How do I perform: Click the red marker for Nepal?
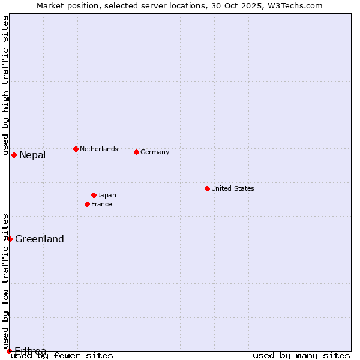click(14, 155)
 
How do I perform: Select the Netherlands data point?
click(76, 149)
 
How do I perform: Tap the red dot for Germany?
click(137, 152)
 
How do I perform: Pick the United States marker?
click(207, 188)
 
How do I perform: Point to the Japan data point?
click(94, 195)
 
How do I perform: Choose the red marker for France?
click(88, 204)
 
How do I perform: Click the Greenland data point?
click(10, 239)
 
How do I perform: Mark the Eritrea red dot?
click(9, 351)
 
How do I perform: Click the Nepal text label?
click(32, 155)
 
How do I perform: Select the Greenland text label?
click(40, 239)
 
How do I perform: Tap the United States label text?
click(233, 188)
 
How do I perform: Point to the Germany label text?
click(155, 152)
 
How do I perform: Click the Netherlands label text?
click(99, 149)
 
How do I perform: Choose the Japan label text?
click(107, 195)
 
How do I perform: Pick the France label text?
click(101, 204)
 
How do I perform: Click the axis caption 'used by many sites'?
click(301, 355)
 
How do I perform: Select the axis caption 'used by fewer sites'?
click(62, 355)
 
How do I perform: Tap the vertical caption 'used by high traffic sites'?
click(5, 86)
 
